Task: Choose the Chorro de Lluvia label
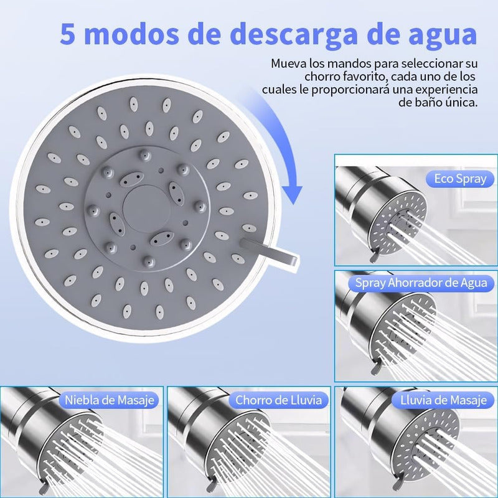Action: pos(278,400)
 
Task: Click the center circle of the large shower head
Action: pos(143,204)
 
